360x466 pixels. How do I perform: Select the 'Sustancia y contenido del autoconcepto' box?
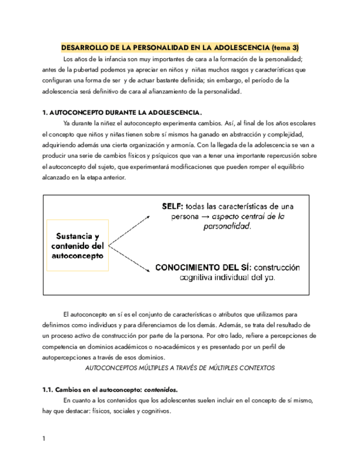pos(78,246)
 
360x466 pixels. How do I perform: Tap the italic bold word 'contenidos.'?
pos(162,390)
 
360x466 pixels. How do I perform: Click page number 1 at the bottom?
pos(44,439)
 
